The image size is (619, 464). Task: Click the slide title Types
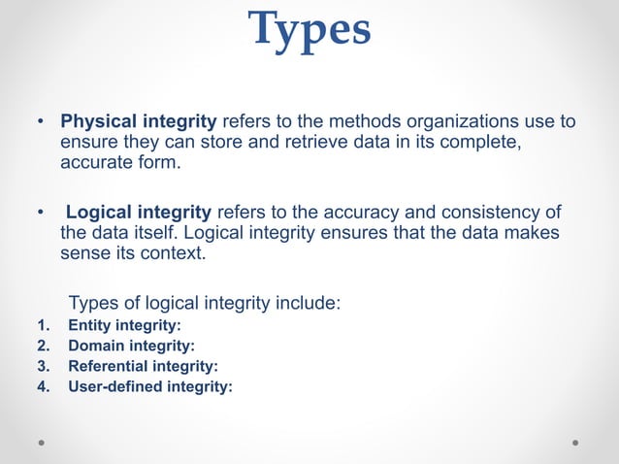pos(309,29)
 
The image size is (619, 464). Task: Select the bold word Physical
pos(101,122)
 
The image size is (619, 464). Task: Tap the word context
pos(172,253)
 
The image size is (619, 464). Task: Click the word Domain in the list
pos(91,346)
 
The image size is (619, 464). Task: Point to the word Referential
pos(106,366)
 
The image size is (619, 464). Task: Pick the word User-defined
pos(114,386)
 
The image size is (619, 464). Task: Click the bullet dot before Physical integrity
pos(40,123)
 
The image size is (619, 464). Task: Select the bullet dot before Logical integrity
pos(40,213)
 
